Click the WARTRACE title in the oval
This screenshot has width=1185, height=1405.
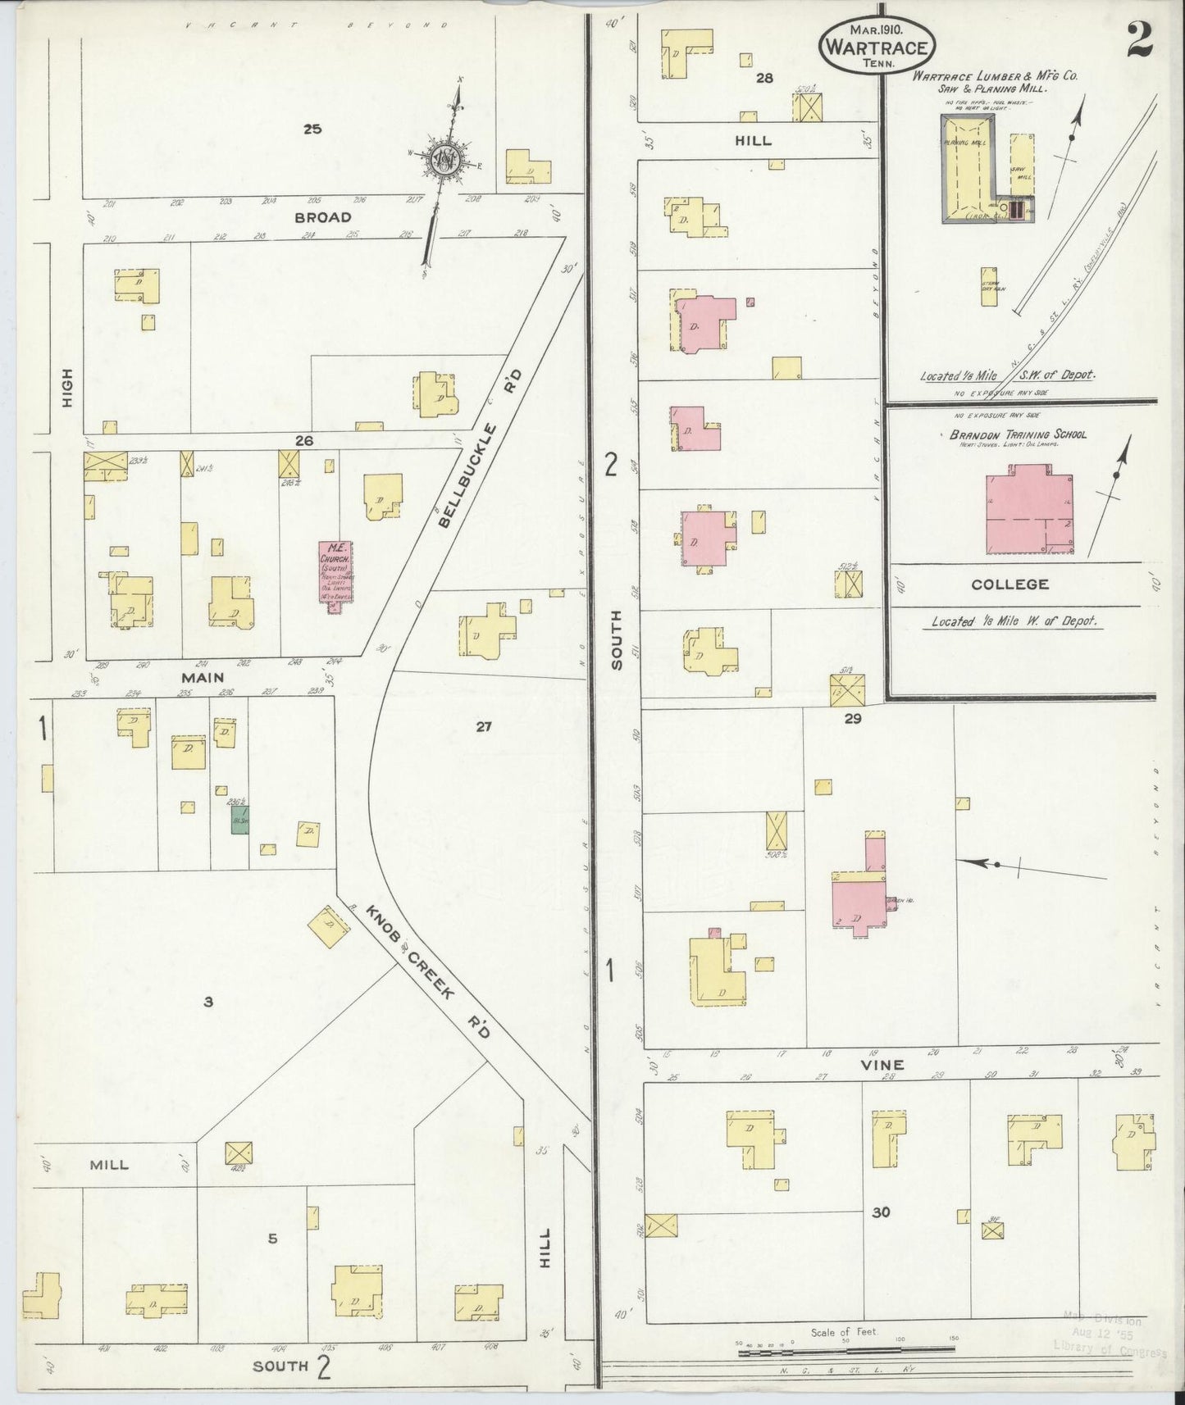(x=877, y=48)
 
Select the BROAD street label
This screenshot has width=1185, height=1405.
(x=323, y=218)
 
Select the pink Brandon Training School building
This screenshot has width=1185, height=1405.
(x=1030, y=509)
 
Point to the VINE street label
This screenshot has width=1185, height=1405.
(x=882, y=1065)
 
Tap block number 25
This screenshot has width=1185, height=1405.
(x=312, y=129)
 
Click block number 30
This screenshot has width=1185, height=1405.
(x=881, y=1212)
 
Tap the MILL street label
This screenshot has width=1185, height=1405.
(x=110, y=1164)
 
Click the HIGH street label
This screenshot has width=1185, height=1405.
(x=68, y=388)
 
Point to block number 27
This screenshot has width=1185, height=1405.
(x=483, y=725)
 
